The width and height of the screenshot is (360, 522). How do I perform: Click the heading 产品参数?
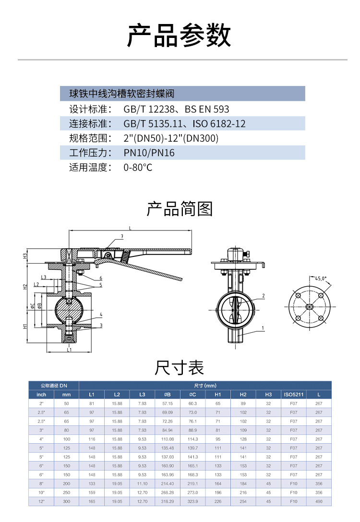(179, 35)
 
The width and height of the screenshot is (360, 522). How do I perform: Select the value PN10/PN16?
(149, 153)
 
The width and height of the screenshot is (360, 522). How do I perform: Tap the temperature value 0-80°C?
(138, 168)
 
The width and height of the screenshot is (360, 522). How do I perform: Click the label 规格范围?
(90, 138)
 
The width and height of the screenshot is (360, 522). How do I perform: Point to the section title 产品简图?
(179, 209)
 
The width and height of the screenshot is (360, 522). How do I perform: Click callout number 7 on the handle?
(122, 236)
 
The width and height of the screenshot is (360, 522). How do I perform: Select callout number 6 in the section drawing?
(101, 278)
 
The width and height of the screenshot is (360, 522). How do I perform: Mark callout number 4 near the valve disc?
(101, 315)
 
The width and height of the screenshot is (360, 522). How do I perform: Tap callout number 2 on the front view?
(264, 295)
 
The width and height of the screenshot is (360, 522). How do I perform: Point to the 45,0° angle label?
(321, 278)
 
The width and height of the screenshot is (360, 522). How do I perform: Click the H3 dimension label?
(25, 255)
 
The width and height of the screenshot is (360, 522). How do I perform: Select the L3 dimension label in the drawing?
(44, 277)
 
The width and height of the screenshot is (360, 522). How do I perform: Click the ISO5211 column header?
(294, 394)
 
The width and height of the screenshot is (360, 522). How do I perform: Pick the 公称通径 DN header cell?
(53, 386)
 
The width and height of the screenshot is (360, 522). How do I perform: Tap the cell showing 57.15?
(167, 403)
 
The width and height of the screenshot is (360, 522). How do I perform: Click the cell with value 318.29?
(167, 501)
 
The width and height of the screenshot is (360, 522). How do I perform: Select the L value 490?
(319, 501)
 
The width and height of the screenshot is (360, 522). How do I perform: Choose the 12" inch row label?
(41, 501)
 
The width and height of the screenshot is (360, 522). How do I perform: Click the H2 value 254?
(243, 501)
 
